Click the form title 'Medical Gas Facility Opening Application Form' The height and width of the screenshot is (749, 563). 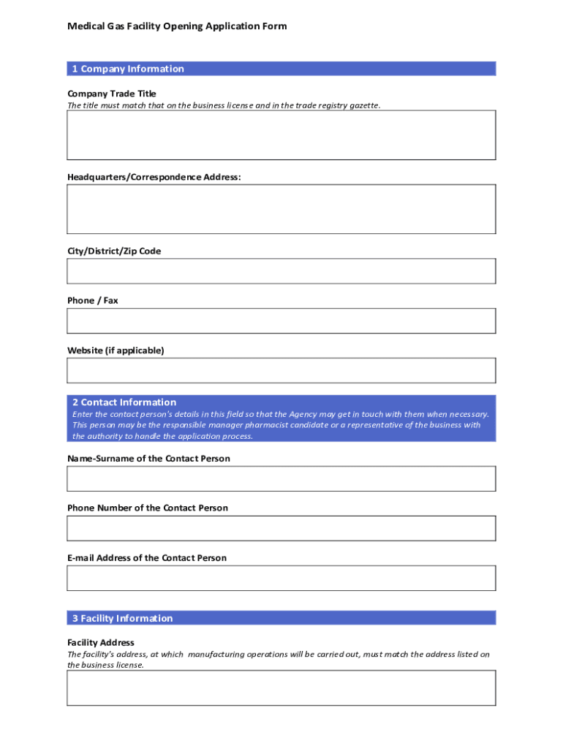coord(177,26)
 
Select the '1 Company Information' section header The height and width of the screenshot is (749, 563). coord(128,69)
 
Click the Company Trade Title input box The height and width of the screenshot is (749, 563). coord(281,135)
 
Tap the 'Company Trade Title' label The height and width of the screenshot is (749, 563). coord(112,94)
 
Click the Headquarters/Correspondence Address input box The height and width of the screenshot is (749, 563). coord(281,208)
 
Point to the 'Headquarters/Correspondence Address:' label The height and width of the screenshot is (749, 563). coord(154,177)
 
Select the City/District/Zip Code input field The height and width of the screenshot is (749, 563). coord(281,271)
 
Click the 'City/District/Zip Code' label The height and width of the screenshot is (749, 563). coord(114,251)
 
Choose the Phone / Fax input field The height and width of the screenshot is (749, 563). coord(281,320)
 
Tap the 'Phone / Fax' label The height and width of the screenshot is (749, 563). coord(93,301)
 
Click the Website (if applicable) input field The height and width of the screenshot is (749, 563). coord(281,370)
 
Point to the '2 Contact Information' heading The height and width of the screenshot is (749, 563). coord(124,402)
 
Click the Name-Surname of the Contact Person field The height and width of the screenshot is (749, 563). coord(281,478)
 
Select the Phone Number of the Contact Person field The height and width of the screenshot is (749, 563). coord(281,528)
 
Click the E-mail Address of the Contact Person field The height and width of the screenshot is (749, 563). coord(281,578)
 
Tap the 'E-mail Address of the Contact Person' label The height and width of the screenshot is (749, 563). coord(147,558)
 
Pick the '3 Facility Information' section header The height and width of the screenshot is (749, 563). coord(122,618)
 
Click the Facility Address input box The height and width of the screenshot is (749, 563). coord(281,688)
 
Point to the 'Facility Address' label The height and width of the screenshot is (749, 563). coord(101,643)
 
